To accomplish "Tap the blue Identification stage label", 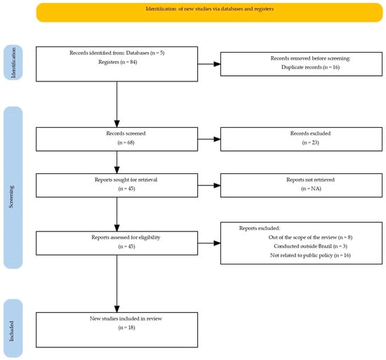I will tap(14, 62).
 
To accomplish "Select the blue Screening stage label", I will tap(14, 187).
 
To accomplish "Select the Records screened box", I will tap(115, 138).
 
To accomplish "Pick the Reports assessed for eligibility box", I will tap(115, 243).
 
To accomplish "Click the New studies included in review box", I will tap(115, 323).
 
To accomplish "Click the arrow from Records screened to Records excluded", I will tap(208, 138).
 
